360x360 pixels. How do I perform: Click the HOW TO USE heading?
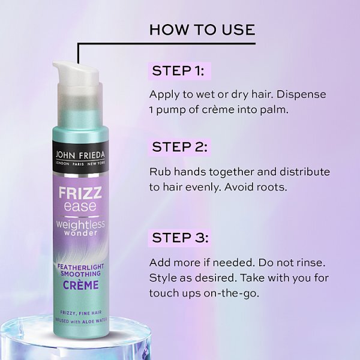click(x=202, y=29)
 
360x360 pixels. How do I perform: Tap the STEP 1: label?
click(x=178, y=71)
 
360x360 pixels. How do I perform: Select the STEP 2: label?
click(x=179, y=147)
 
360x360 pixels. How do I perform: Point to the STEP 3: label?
click(x=180, y=238)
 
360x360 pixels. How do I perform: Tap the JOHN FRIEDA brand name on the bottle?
click(x=80, y=155)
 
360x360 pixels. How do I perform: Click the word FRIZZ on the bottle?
click(x=80, y=193)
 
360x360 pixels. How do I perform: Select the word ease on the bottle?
click(x=80, y=206)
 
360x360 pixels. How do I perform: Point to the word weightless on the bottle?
click(x=80, y=224)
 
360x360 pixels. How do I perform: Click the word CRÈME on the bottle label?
click(x=80, y=285)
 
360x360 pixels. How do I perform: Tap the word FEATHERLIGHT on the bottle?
click(x=80, y=267)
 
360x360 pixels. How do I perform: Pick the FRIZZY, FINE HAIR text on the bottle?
click(x=80, y=313)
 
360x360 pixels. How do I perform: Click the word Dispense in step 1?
click(x=301, y=94)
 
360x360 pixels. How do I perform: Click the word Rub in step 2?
click(x=160, y=172)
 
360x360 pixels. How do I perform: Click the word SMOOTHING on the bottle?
click(x=80, y=274)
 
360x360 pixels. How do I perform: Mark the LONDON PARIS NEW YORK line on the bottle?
click(x=80, y=164)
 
